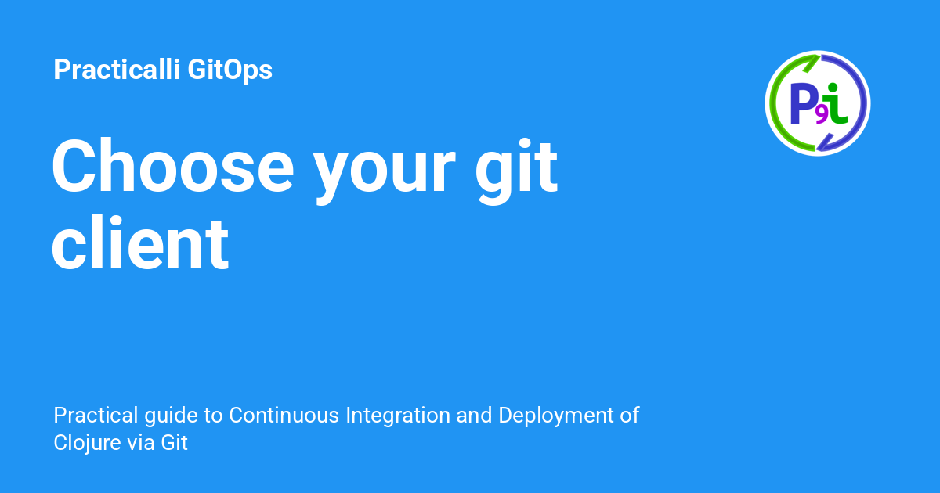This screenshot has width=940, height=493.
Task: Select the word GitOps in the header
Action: (x=230, y=70)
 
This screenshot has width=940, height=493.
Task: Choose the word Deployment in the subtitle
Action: (x=559, y=416)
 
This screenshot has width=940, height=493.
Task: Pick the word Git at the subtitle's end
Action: (x=175, y=443)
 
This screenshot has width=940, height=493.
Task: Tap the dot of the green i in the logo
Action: (x=833, y=87)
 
